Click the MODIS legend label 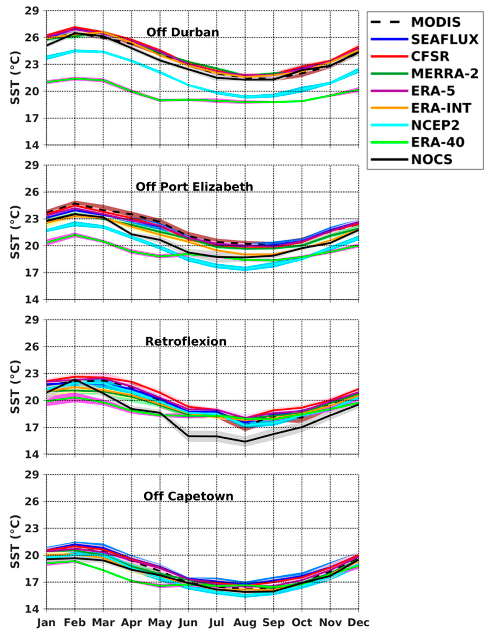436,22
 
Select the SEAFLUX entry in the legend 444,39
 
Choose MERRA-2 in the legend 444,74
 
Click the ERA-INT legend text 441,108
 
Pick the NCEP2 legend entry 435,125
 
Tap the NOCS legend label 432,160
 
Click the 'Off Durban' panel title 183,32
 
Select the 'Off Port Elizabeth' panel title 194,187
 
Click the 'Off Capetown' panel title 188,496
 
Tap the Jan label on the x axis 46,622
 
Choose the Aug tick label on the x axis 245,622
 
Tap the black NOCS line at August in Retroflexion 245,441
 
